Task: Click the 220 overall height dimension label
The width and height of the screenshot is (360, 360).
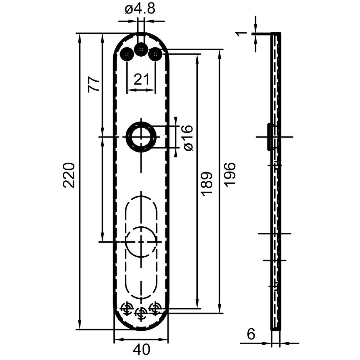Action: [68, 175]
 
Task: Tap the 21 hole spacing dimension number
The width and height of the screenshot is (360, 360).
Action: [141, 79]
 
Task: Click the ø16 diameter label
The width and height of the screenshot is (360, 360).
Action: [189, 138]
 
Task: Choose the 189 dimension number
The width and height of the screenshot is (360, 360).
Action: [207, 184]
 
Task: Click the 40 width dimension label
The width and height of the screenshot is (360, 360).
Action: [141, 349]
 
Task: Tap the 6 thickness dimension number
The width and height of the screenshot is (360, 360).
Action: [251, 334]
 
